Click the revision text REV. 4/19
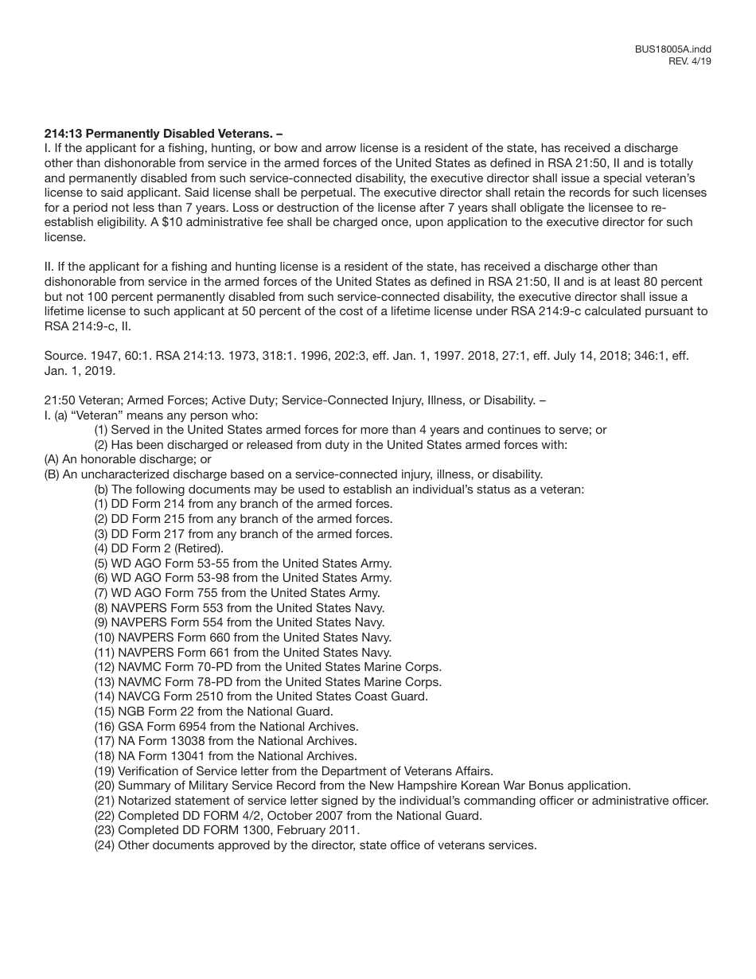[690, 61]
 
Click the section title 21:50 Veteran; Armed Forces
[294, 400]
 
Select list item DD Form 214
[244, 504]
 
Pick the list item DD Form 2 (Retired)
[159, 548]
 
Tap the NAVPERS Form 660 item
[243, 638]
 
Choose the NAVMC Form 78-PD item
[267, 682]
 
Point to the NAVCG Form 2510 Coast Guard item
[261, 696]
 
